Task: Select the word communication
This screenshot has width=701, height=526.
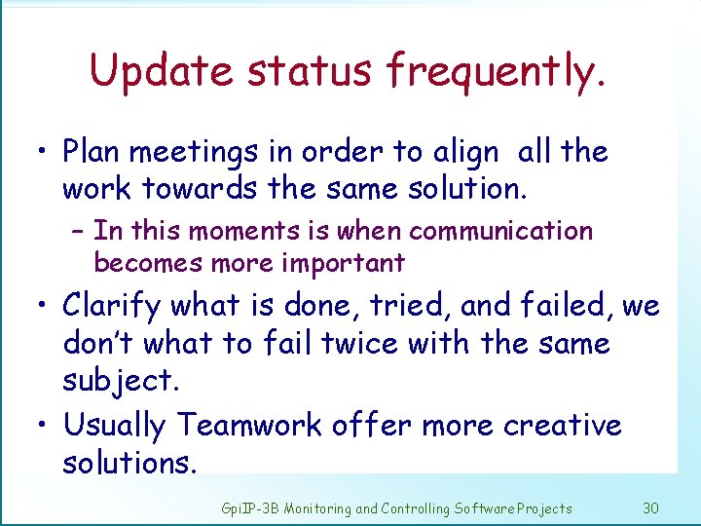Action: pyautogui.click(x=500, y=232)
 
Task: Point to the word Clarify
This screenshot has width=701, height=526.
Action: pyautogui.click(x=112, y=307)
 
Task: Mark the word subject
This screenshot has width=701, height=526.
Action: pyautogui.click(x=121, y=380)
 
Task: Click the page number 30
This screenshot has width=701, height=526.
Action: pyautogui.click(x=651, y=507)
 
